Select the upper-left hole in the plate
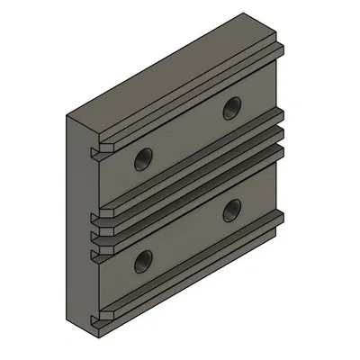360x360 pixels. click(x=141, y=161)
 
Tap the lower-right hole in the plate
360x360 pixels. click(x=233, y=209)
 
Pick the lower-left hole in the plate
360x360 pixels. click(x=141, y=263)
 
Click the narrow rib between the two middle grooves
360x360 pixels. click(x=189, y=182)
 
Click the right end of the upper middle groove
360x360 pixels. click(x=279, y=117)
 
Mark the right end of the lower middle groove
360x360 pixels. click(x=279, y=140)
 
